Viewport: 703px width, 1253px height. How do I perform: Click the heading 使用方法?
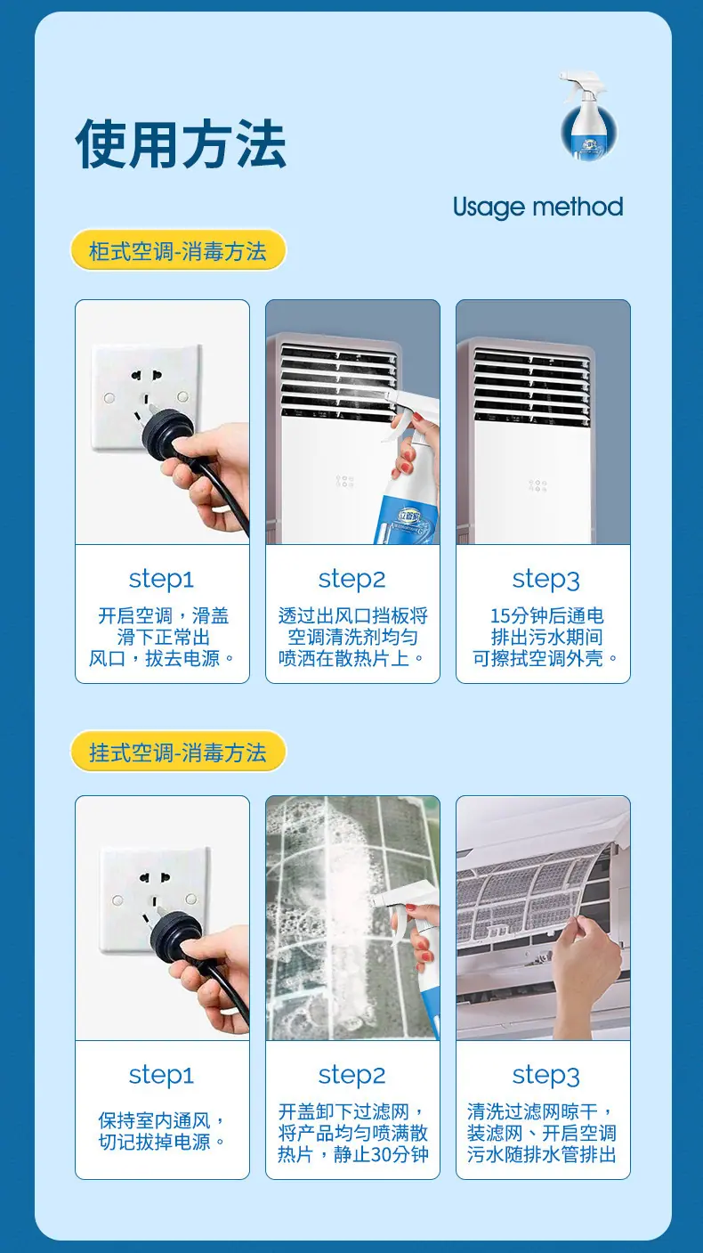tap(181, 144)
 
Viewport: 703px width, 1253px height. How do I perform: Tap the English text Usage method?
tap(537, 207)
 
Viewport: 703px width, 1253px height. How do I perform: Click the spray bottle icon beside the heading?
tap(588, 114)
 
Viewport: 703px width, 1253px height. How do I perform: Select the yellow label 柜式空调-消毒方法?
tap(178, 250)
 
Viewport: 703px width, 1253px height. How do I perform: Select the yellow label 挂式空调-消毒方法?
tap(178, 753)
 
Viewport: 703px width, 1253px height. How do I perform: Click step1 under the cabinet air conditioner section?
tap(161, 579)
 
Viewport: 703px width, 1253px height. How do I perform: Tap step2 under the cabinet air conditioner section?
tap(352, 579)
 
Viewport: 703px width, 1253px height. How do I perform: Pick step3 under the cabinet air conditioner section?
tap(546, 580)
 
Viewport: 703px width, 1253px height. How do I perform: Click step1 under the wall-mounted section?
tap(161, 1075)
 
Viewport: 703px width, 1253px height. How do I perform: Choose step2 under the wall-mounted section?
tap(352, 1075)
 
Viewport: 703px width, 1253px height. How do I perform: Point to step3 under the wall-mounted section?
tap(546, 1076)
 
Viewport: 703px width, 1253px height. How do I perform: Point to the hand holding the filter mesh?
tap(586, 965)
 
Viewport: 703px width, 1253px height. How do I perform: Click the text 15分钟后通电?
tap(547, 616)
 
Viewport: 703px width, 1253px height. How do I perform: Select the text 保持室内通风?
tap(154, 1120)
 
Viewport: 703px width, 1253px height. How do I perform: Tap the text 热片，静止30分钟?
tap(353, 1154)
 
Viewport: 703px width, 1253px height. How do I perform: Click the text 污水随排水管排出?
tap(542, 1154)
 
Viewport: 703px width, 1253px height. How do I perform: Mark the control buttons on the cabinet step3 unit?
tap(537, 485)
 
